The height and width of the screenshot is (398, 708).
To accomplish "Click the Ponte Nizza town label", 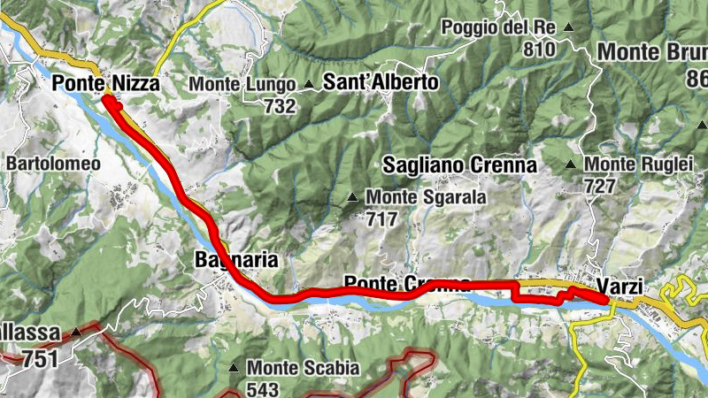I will coord(105,84).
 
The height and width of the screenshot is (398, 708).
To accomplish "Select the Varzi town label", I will coord(619,287).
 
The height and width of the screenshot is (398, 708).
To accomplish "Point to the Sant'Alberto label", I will coord(381,83).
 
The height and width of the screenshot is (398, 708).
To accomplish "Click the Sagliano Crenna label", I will coord(459,165).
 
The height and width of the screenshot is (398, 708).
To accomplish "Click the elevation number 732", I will coord(280,106).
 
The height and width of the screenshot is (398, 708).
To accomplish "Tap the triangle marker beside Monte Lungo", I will coord(309,85).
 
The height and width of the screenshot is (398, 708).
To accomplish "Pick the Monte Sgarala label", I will coord(426,197).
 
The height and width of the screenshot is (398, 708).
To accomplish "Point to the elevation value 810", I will coord(539,50).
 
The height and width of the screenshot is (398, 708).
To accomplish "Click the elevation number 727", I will coord(600,187).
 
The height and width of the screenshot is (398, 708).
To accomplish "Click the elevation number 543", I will coord(263,389).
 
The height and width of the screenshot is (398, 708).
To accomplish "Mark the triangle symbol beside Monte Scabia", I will coord(234,367).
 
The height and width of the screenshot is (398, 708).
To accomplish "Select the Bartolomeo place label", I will coord(53,164).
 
